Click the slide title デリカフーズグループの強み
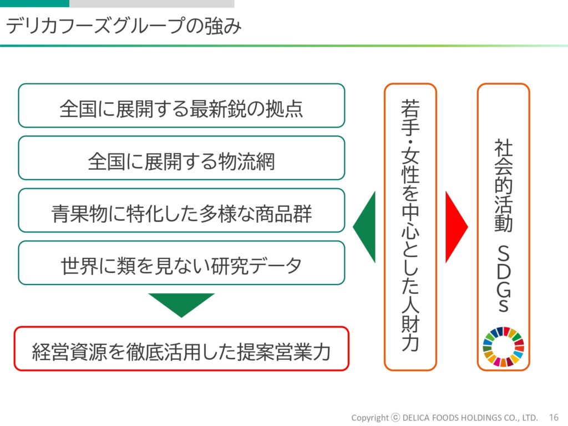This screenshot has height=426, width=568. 124,26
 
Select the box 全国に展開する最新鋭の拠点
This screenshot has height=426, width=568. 181,105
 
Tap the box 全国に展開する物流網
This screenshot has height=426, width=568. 181,158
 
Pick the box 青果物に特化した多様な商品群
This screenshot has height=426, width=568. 181,210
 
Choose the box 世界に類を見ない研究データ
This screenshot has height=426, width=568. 181,263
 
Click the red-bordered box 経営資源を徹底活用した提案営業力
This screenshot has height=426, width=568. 181,348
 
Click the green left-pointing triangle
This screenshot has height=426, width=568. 364,227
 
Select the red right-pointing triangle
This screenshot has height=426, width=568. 457,227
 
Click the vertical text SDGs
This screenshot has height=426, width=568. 504,278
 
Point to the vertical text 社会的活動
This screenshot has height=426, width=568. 504,185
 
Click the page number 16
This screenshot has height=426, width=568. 554,418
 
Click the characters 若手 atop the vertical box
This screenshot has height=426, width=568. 410,116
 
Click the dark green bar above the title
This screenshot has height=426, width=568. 34,3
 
